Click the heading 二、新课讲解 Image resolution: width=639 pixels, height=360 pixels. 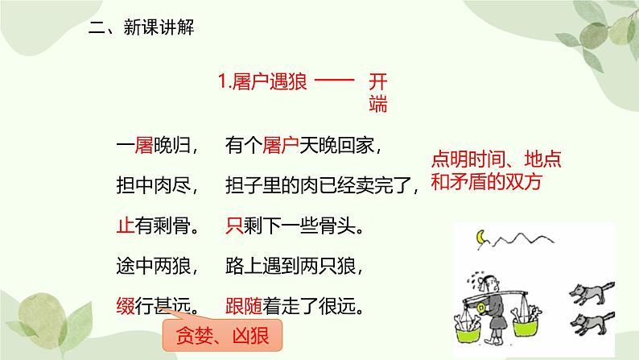(141, 28)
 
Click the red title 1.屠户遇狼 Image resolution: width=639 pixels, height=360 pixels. (262, 82)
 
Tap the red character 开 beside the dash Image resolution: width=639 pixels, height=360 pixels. (378, 82)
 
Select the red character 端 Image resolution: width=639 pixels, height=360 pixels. (378, 104)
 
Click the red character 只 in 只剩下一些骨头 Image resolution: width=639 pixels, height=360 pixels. (234, 226)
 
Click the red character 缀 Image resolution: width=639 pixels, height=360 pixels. (124, 306)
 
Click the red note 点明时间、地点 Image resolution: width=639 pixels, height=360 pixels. (497, 159)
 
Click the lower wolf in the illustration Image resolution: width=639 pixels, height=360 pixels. (592, 321)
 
